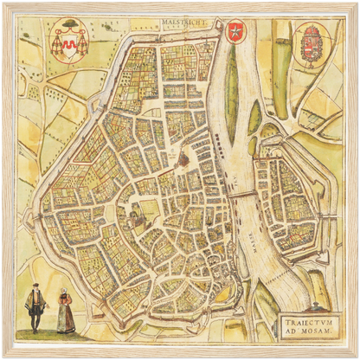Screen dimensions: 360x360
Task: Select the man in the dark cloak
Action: [x=35, y=306]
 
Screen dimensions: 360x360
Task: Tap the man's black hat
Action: [x=35, y=286]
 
